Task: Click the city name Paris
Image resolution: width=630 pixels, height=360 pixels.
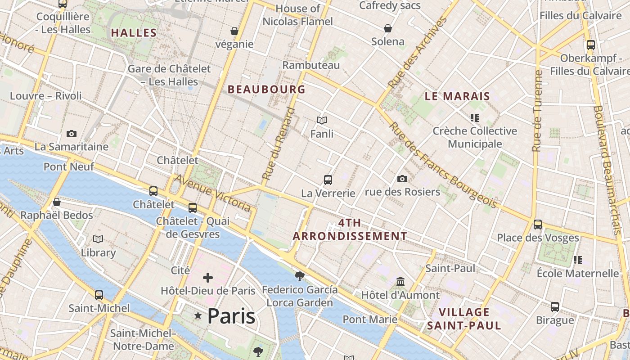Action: (231, 316)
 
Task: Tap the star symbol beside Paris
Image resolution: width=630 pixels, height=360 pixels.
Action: (198, 316)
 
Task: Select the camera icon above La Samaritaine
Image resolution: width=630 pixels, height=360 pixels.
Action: (72, 134)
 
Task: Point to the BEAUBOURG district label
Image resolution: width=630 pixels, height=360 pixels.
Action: (266, 89)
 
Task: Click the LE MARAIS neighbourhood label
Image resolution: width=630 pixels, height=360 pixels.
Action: (457, 96)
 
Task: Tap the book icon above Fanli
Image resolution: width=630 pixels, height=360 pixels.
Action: (322, 120)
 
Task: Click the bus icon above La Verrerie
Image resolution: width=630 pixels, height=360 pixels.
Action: (328, 180)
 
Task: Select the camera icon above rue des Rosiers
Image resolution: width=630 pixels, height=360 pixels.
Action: (402, 179)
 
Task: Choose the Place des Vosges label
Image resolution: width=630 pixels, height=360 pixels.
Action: (538, 238)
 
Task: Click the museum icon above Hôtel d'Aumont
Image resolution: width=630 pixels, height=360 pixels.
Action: (400, 282)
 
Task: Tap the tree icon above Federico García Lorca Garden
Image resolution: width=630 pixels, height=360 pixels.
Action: (299, 276)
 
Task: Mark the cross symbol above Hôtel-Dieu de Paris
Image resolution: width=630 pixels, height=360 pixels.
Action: (208, 277)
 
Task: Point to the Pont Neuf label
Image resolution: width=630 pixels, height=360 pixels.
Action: (69, 166)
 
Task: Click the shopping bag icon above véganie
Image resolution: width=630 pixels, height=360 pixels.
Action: (234, 31)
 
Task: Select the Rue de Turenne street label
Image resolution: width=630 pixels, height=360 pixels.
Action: (537, 111)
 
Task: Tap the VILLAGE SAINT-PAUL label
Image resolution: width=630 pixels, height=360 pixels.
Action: (464, 319)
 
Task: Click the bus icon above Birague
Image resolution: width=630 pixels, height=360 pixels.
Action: (555, 307)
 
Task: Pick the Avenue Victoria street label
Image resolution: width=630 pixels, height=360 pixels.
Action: (212, 193)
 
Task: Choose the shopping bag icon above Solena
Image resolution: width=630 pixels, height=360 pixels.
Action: (388, 28)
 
